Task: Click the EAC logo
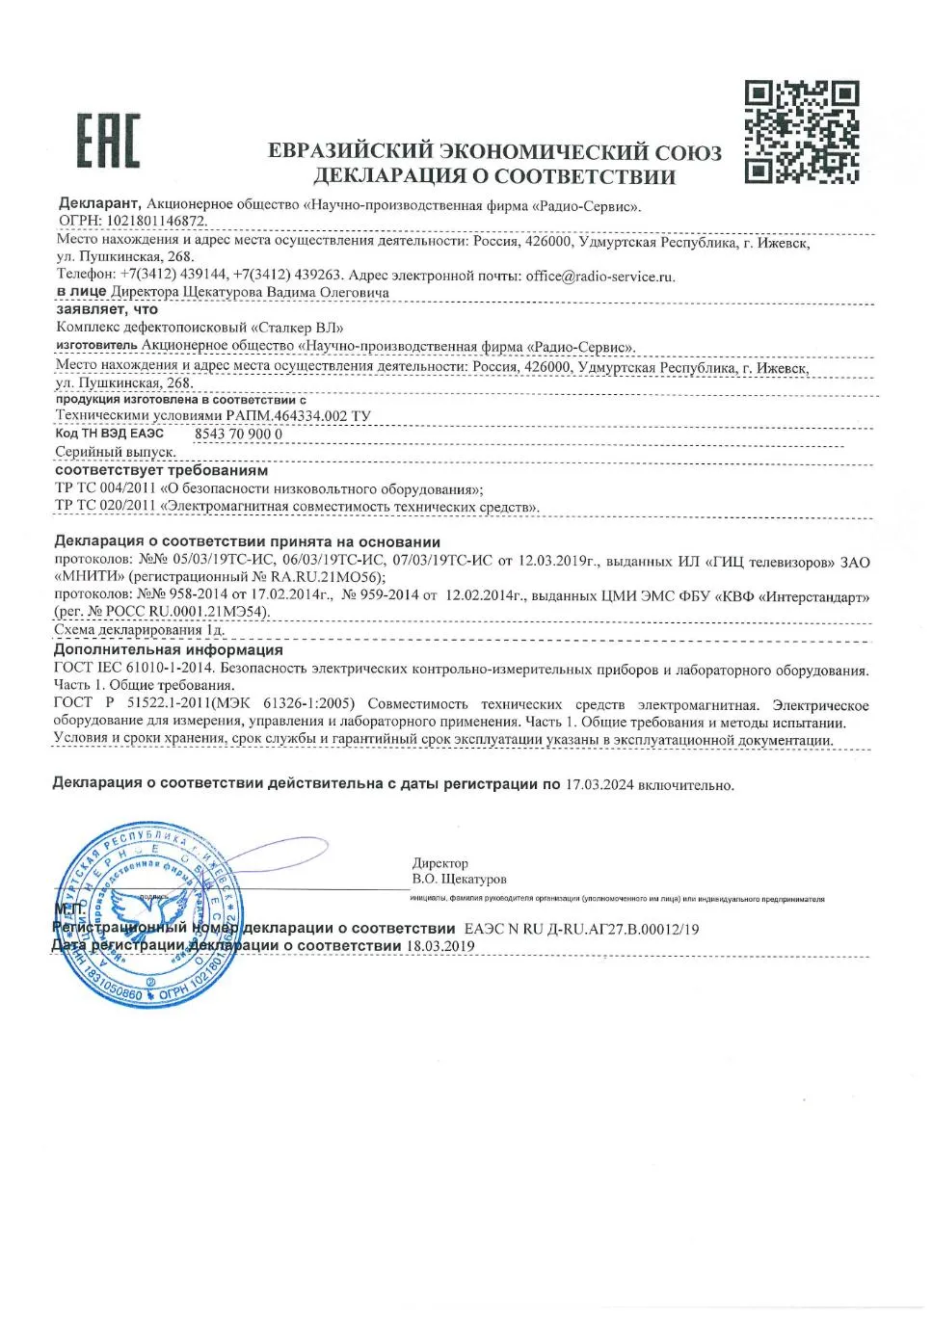(107, 140)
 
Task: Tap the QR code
(801, 133)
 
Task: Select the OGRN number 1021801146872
(163, 222)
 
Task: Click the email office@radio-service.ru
(599, 276)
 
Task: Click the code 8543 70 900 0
(238, 435)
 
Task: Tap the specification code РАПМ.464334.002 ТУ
(298, 416)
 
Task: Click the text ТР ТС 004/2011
(105, 488)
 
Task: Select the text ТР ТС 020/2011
(105, 506)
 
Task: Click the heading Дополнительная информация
(169, 650)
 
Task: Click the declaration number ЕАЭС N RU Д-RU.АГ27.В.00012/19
(581, 930)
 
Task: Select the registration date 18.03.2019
(440, 946)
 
